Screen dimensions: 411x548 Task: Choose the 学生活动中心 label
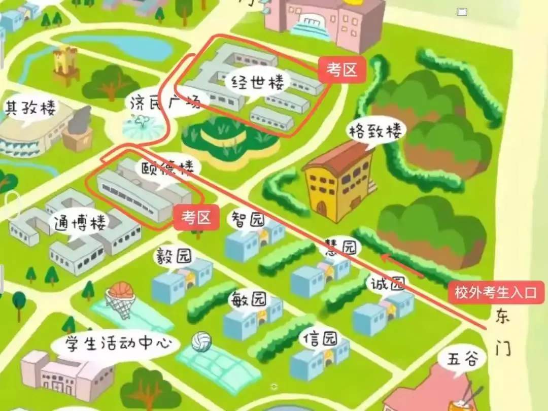click(x=116, y=344)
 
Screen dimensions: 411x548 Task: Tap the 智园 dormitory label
click(x=248, y=220)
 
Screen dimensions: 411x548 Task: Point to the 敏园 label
click(x=248, y=299)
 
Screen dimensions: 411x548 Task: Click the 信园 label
click(x=320, y=338)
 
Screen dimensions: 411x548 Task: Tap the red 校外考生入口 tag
click(x=495, y=293)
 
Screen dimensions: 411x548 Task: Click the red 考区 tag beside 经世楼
click(x=342, y=71)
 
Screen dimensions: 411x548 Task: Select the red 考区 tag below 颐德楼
click(x=196, y=218)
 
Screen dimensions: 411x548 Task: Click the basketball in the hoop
click(x=121, y=291)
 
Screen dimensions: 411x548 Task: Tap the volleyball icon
click(x=201, y=341)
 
